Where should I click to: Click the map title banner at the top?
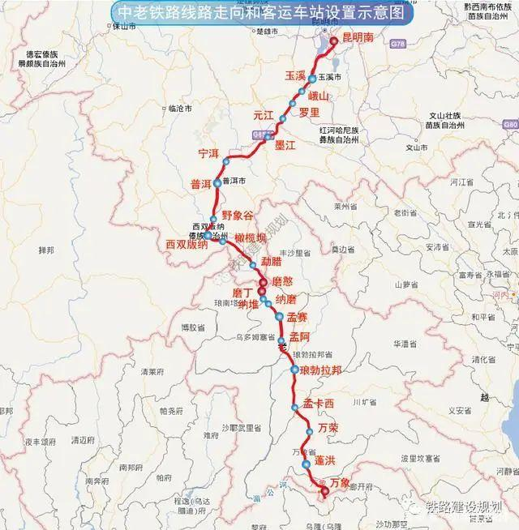pyautogui.click(x=259, y=14)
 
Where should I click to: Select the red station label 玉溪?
pyautogui.click(x=294, y=75)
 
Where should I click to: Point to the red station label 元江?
pyautogui.click(x=264, y=114)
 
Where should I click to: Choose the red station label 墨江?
pyautogui.click(x=286, y=145)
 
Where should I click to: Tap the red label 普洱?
pyautogui.click(x=200, y=183)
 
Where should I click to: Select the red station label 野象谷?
pyautogui.click(x=238, y=215)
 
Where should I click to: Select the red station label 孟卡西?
pyautogui.click(x=319, y=403)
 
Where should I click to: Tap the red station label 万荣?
pyautogui.click(x=329, y=427)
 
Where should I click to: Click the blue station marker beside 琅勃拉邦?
pyautogui.click(x=294, y=370)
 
